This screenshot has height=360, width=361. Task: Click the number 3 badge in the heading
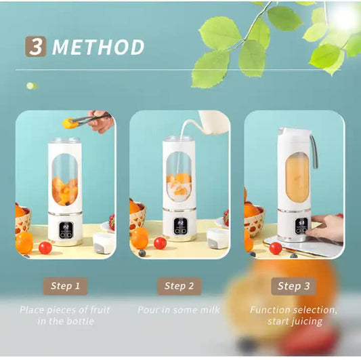pos(36,46)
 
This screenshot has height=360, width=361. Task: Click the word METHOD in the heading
pos(98,47)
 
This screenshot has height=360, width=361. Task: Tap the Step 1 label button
pos(66,286)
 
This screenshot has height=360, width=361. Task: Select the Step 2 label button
pos(179,286)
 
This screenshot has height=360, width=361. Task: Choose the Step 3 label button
pos(293,286)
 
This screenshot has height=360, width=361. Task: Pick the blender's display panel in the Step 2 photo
pos(179,229)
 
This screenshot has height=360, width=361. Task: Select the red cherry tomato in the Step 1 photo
pos(45,247)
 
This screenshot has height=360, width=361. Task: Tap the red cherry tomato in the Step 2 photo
pos(160,243)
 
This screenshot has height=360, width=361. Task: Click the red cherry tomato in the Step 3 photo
pos(275,248)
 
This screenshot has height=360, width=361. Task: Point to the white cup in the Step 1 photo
pos(103,241)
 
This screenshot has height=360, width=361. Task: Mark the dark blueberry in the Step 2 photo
pos(142,253)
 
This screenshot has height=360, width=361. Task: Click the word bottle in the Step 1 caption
pos(79,321)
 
